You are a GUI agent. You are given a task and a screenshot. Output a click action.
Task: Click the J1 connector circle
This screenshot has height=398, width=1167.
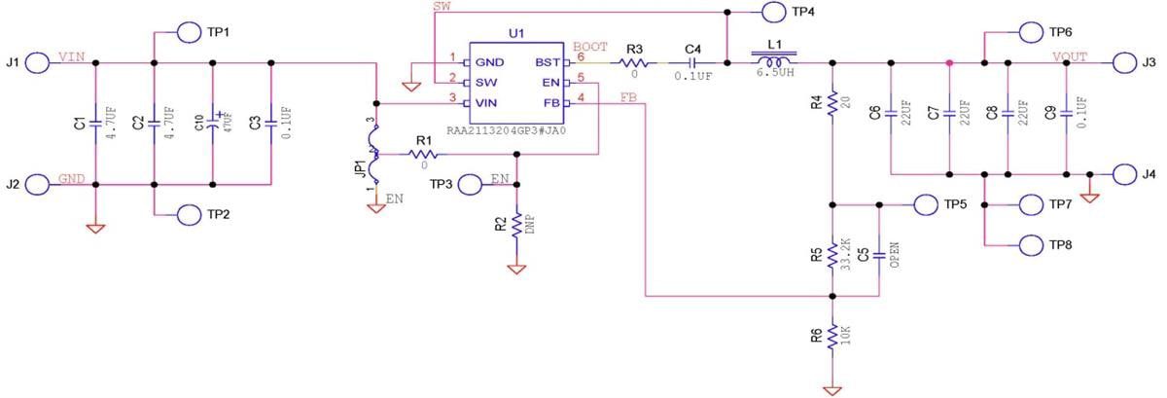click(38, 63)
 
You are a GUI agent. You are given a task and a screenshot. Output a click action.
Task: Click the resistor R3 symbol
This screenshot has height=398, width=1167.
click(635, 64)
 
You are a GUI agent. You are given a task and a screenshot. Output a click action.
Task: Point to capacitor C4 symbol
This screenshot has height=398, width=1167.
click(692, 64)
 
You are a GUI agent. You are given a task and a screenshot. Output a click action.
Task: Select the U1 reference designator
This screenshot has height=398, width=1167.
click(516, 33)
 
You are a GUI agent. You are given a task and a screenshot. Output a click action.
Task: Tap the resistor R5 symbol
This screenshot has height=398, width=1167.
click(832, 255)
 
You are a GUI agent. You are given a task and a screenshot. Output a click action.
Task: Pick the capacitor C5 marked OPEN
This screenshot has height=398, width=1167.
click(879, 255)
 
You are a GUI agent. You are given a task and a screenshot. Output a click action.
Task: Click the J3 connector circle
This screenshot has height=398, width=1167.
click(1125, 63)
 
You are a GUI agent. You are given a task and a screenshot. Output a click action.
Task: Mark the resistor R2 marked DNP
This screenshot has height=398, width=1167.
click(516, 226)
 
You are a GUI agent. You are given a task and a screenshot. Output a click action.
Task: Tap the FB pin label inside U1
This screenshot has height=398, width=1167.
click(549, 102)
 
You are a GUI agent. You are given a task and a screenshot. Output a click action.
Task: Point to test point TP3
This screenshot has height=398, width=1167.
click(470, 183)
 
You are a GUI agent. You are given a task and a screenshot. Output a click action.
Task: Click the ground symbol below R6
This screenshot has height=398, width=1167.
click(832, 389)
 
